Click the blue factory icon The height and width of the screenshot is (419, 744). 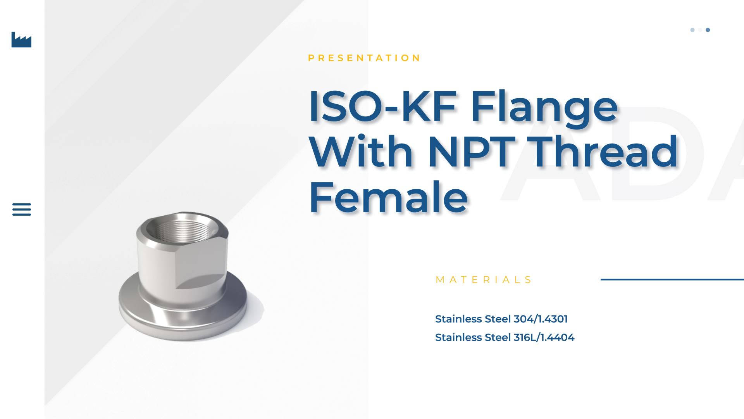21,40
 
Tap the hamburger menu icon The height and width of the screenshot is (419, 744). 22,209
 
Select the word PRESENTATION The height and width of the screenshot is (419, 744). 364,58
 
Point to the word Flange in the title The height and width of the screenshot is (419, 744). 544,109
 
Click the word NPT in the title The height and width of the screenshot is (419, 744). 472,152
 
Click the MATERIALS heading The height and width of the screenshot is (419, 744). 484,280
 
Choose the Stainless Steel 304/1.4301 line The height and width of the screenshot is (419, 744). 501,319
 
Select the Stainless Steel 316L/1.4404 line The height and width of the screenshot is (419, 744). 505,338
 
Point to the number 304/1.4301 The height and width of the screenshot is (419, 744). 541,319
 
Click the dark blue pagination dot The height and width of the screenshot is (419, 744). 708,30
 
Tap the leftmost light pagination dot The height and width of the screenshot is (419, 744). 692,30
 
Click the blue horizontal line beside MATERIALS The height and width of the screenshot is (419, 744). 672,279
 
